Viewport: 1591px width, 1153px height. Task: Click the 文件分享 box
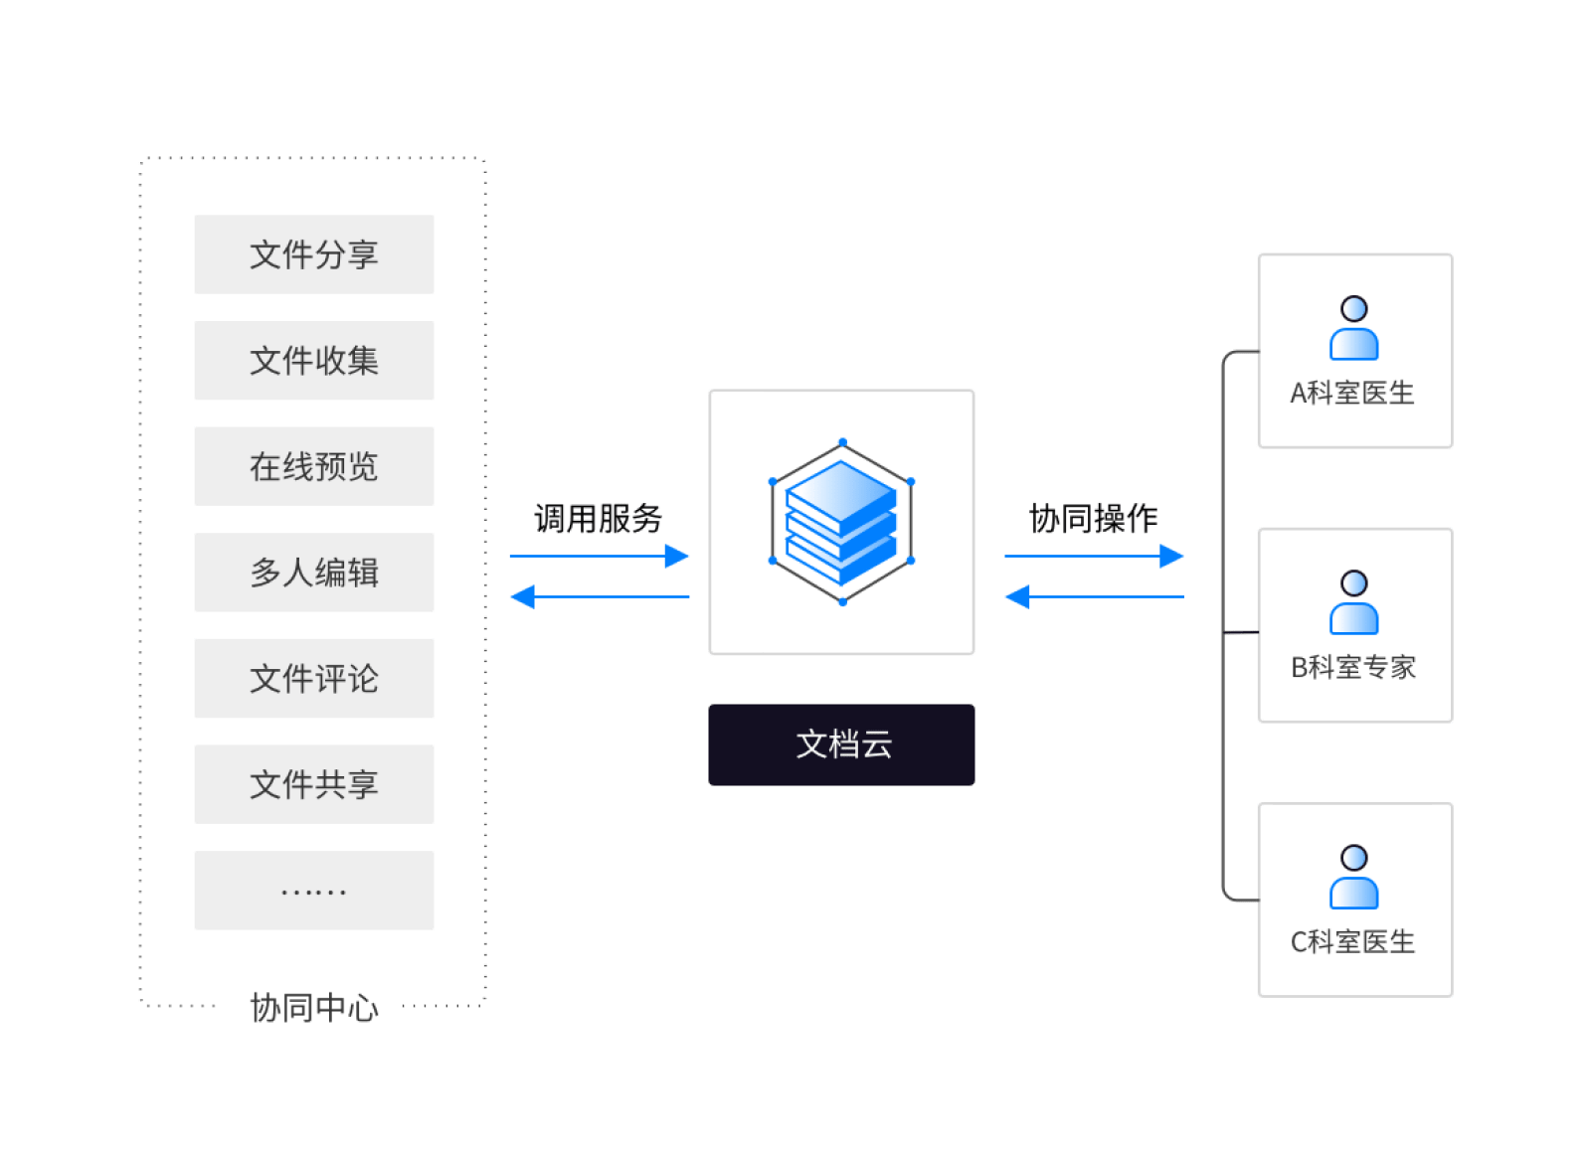313,254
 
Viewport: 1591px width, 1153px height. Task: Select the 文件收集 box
313,361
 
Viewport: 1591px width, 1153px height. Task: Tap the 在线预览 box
313,466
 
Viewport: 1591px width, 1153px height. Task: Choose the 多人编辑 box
313,573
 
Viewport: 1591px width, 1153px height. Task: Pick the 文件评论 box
313,679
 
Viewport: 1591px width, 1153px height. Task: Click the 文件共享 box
313,784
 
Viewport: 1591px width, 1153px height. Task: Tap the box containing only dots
313,891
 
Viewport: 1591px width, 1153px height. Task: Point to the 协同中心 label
313,1008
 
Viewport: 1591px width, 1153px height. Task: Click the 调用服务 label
598,518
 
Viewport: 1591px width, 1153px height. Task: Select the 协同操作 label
1093,518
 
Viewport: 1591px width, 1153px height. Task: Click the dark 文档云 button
841,744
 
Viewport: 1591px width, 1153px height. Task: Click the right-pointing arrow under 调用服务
599,556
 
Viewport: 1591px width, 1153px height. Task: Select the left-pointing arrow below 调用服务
599,597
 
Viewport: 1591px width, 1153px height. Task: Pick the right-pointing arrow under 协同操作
1094,556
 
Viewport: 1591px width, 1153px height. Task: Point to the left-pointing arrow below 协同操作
1094,597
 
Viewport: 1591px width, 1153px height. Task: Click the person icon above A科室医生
1354,329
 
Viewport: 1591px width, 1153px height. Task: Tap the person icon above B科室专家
1354,603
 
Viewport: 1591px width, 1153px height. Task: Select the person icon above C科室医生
1354,878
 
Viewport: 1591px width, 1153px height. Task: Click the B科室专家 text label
1353,667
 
